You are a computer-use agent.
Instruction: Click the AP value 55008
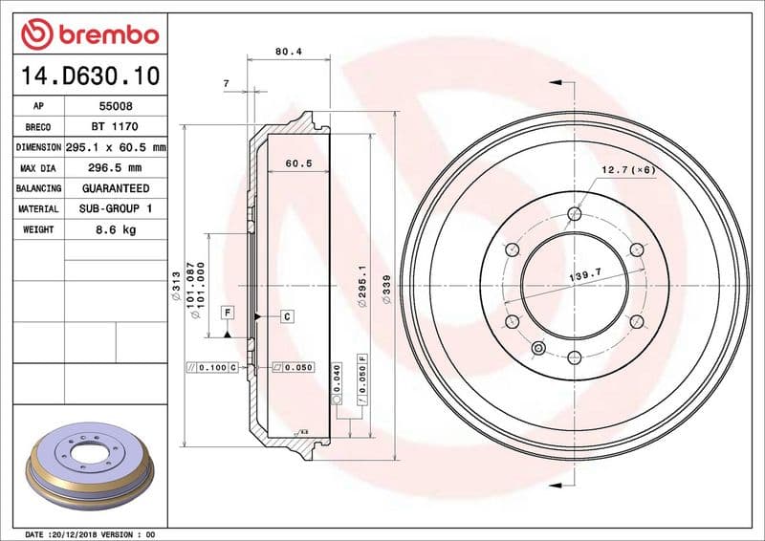116,106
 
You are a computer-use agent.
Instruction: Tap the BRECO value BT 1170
116,127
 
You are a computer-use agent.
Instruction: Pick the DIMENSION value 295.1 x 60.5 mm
116,148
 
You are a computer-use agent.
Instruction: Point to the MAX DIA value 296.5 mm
116,168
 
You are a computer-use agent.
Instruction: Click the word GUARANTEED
116,188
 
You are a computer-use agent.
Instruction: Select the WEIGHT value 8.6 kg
116,229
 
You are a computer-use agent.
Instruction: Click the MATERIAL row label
38,208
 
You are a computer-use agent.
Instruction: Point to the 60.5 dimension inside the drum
299,163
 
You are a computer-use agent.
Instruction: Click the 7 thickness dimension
226,84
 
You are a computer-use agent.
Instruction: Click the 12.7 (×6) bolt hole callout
627,169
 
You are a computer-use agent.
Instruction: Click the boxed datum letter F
228,313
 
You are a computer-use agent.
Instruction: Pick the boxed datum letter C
286,315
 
